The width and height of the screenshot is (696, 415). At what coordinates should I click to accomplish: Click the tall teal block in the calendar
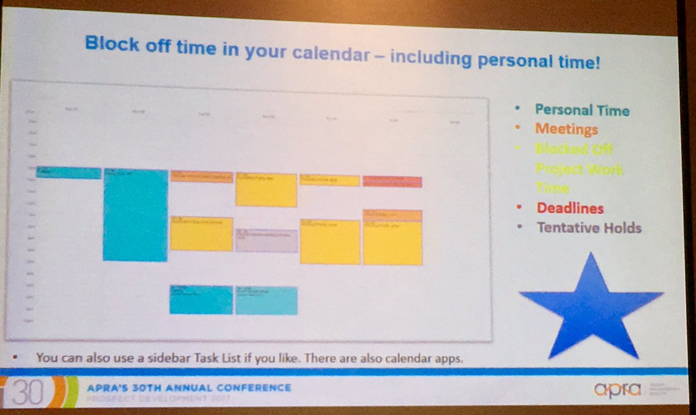(x=135, y=215)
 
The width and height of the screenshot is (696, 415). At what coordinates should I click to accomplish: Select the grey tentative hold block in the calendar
(x=266, y=240)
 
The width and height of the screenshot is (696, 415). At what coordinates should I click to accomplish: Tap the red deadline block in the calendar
(x=392, y=182)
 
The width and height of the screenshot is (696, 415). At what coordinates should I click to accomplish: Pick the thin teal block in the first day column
(x=68, y=172)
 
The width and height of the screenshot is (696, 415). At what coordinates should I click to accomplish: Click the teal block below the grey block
(x=266, y=301)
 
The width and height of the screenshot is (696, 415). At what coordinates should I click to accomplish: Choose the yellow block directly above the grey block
(x=266, y=190)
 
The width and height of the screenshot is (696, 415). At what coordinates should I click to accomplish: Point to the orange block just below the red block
(x=393, y=215)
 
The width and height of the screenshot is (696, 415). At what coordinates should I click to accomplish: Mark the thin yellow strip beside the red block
(x=329, y=181)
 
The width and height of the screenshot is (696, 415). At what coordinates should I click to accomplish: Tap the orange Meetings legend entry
(x=566, y=129)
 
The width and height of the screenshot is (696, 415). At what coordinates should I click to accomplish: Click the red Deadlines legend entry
(x=570, y=208)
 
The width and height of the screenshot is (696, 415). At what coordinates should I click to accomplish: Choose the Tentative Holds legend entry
(x=589, y=228)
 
